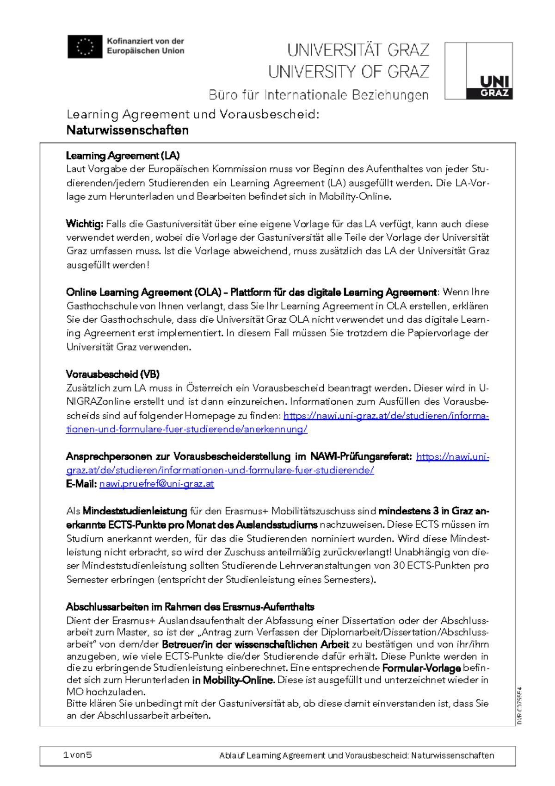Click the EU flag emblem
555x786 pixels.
point(85,47)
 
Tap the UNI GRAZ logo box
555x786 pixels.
point(478,71)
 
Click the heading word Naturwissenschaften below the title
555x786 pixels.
point(127,130)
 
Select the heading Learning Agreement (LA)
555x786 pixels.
point(123,156)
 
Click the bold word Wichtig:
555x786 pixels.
point(85,224)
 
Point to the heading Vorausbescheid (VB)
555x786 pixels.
point(112,374)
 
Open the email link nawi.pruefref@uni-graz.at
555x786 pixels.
point(156,484)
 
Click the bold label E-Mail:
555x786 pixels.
point(81,484)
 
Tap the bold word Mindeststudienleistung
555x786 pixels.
point(135,511)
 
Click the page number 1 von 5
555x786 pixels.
point(77,755)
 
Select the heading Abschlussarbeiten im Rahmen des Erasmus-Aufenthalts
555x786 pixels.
point(190,607)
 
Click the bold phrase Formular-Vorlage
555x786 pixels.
point(421,668)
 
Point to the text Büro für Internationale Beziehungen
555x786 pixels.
point(318,95)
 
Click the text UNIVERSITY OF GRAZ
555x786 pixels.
point(349,72)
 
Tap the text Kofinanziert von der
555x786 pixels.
point(145,41)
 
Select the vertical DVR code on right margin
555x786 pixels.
point(519,705)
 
